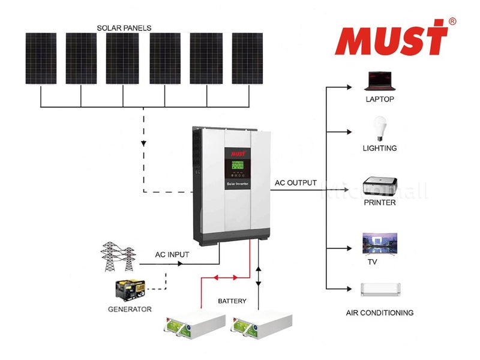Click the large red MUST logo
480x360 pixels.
pos(391,37)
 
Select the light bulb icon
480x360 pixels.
pos(379,128)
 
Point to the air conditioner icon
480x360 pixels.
pos(379,289)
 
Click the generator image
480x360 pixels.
pos(130,290)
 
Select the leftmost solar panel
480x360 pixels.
pos(41,58)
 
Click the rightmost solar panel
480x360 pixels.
pos(247,58)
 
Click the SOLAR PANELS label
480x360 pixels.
pos(124,28)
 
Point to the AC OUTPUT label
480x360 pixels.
pos(295,183)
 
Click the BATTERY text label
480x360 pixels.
pos(232,301)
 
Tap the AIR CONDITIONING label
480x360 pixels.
pos(380,313)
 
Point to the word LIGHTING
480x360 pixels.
pos(379,148)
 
